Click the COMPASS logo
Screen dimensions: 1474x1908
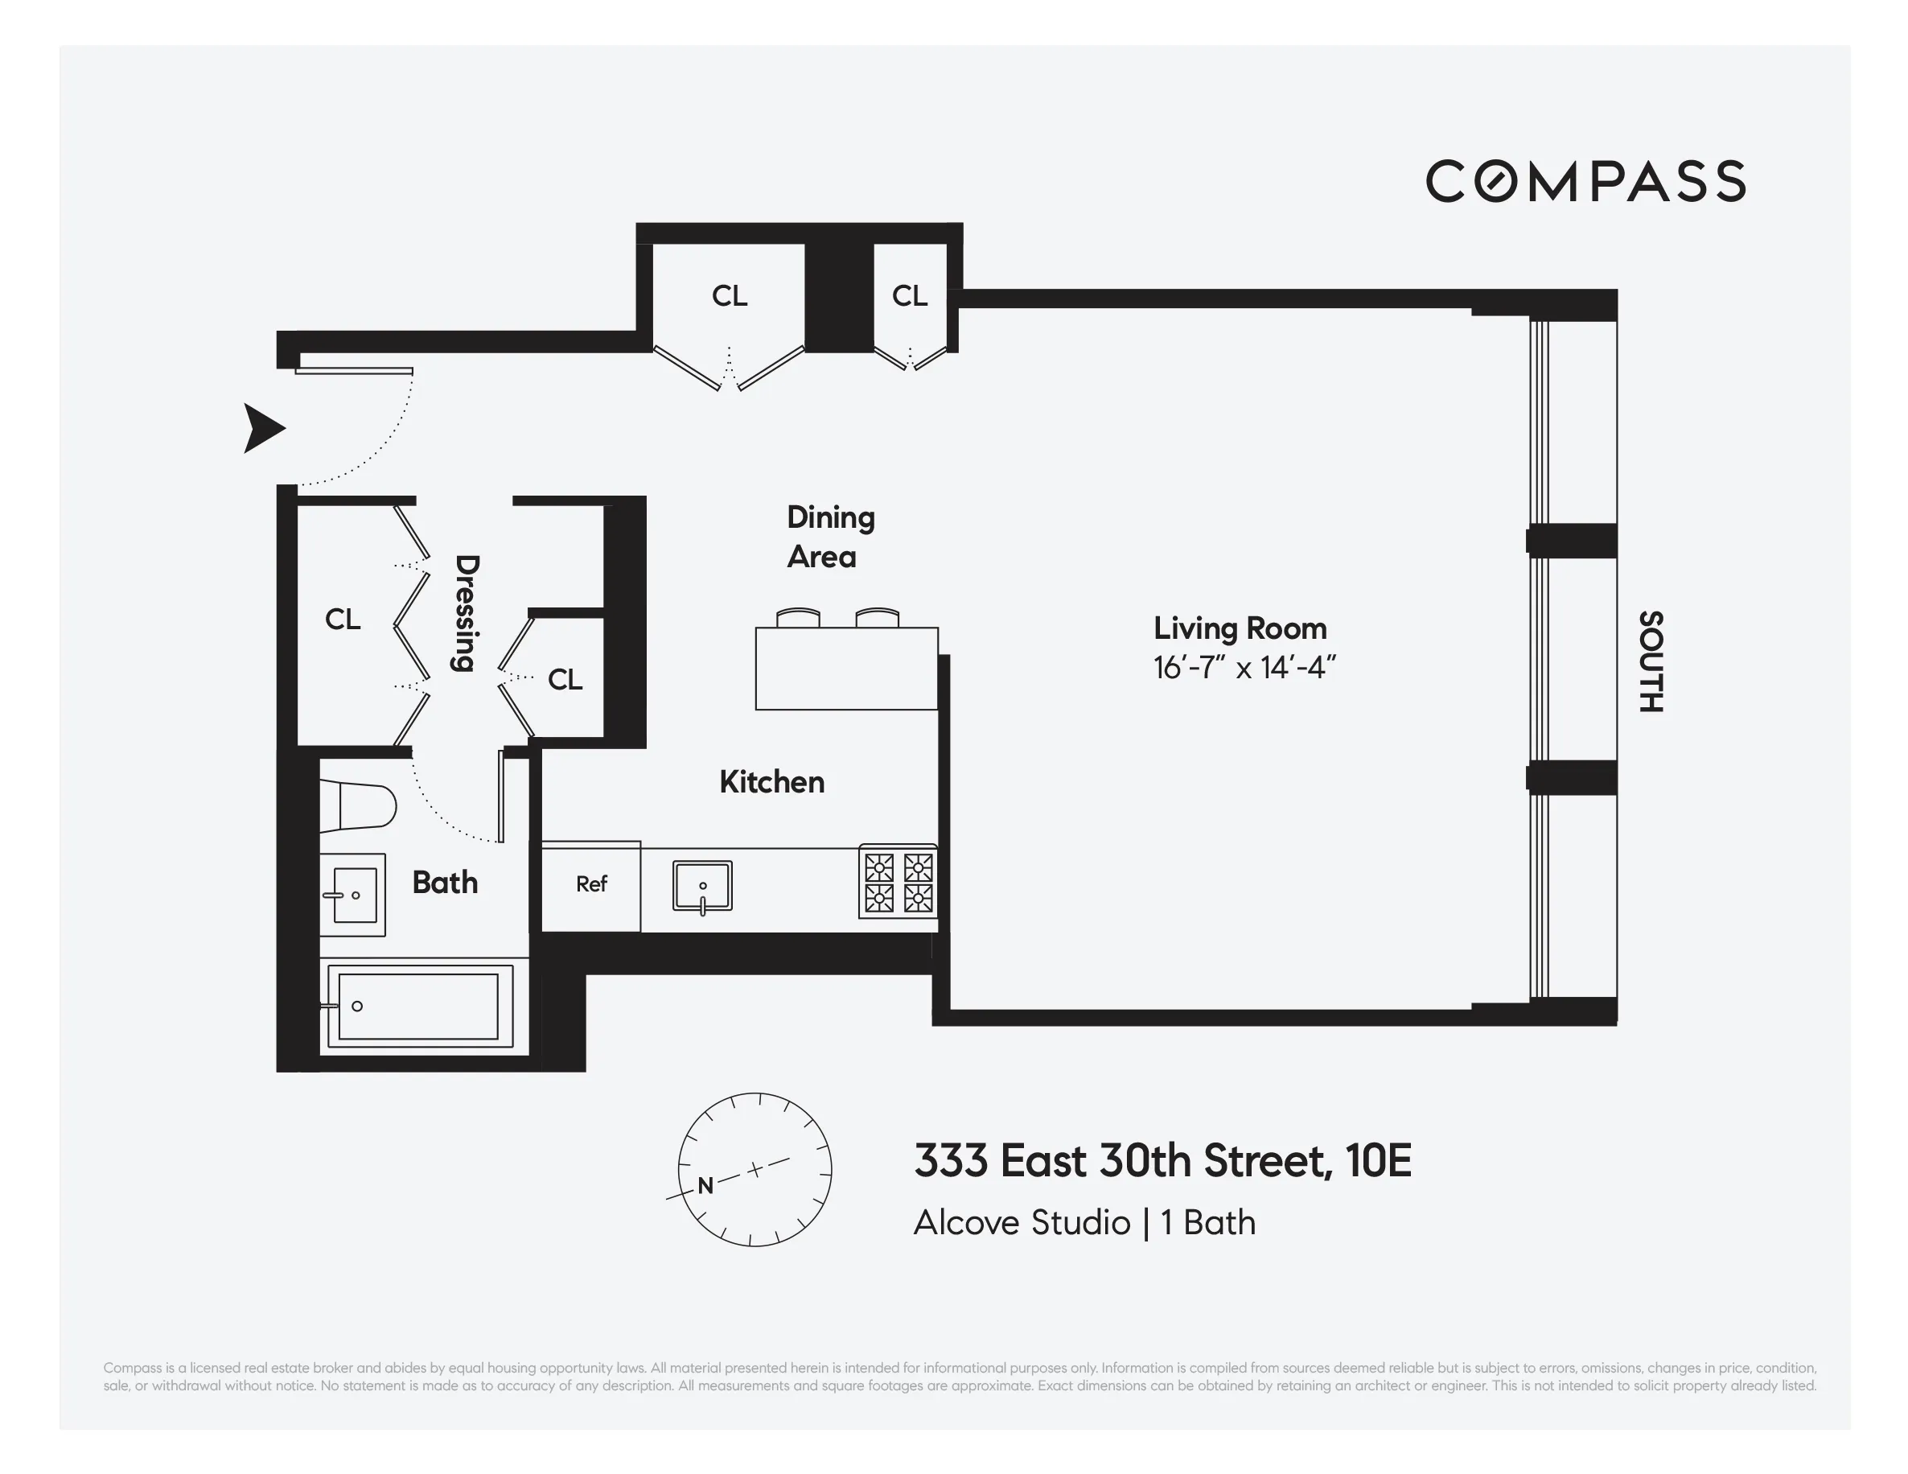1585,181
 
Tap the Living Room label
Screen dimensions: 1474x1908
1240,628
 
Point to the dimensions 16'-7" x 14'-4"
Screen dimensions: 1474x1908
1244,669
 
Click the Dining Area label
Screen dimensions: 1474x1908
829,537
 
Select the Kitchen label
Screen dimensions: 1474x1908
771,782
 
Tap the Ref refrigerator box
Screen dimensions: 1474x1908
591,885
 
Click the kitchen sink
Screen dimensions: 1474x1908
702,886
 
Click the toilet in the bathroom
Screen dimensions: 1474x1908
357,805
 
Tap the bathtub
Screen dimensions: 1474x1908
418,1007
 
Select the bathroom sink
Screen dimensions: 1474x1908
353,895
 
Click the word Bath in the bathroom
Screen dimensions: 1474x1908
445,883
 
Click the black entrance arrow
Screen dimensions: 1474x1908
263,428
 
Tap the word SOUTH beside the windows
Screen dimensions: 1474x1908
1651,661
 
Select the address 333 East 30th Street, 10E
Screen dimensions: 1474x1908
1162,1160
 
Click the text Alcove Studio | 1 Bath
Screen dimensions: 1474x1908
1084,1222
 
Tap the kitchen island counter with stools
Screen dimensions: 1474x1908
845,669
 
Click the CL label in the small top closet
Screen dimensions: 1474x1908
910,296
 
